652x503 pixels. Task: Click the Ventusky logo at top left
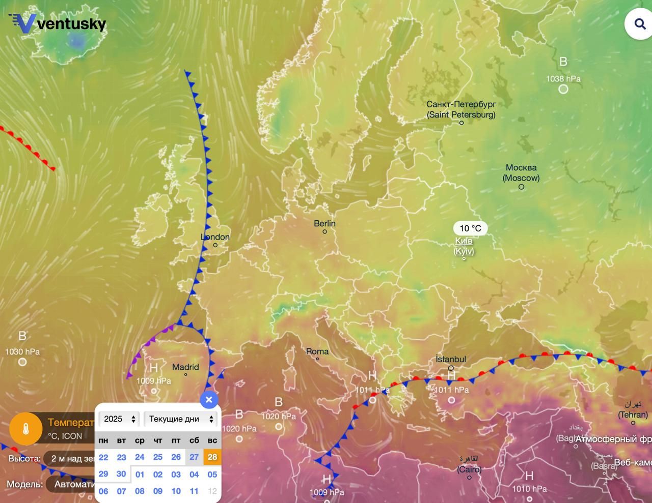pos(57,23)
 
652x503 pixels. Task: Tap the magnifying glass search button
pos(640,24)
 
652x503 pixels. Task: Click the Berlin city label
pos(324,223)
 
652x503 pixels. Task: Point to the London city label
pos(215,237)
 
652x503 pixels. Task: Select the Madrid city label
pos(185,367)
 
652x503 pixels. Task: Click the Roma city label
pos(317,351)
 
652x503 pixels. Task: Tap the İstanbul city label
pos(451,359)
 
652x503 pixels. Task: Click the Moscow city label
pos(521,172)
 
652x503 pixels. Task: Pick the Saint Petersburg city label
pos(461,109)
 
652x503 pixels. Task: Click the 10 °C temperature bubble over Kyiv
pos(470,228)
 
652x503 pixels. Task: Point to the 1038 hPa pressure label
pos(563,79)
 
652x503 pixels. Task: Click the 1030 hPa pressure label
pos(22,351)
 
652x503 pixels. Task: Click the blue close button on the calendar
pos(209,400)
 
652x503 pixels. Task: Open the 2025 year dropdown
pos(119,419)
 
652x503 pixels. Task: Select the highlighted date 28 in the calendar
pos(212,457)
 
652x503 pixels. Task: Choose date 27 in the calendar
pos(194,457)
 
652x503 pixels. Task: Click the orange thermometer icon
pos(25,429)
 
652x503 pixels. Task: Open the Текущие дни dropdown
pos(181,419)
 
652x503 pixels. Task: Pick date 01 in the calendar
pos(140,474)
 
